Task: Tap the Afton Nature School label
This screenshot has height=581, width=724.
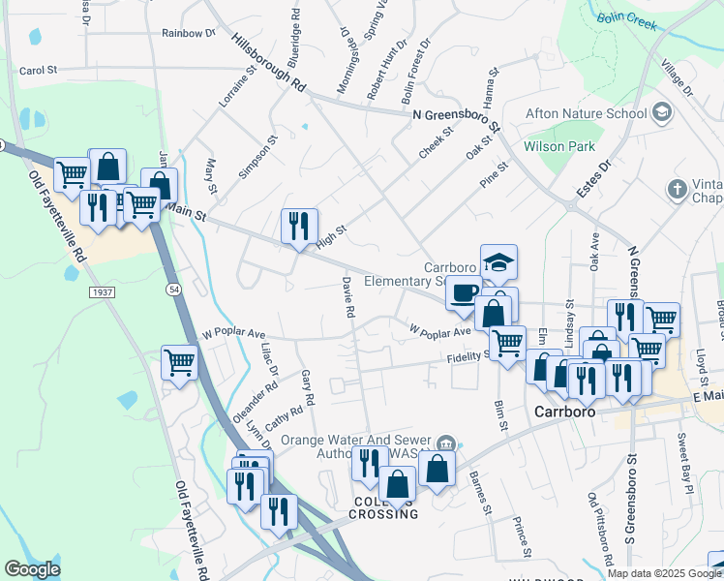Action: (586, 113)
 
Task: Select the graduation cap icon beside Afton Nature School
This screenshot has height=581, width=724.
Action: (662, 112)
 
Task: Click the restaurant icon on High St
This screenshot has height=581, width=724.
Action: (299, 226)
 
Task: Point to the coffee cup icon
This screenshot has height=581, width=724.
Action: (465, 291)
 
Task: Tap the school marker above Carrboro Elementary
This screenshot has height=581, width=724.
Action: (498, 261)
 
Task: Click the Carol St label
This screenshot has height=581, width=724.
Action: (39, 71)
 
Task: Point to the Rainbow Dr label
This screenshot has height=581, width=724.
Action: (188, 33)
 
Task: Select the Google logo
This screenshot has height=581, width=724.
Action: (32, 569)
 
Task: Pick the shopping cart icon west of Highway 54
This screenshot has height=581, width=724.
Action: (180, 362)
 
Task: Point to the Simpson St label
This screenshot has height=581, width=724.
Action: (258, 156)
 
